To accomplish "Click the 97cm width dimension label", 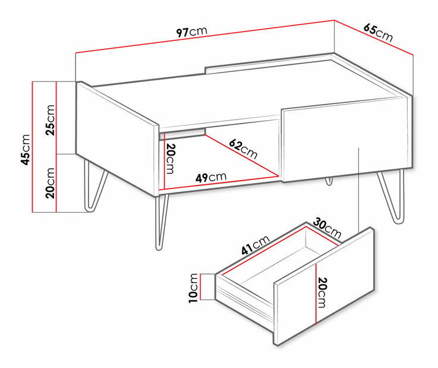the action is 191,32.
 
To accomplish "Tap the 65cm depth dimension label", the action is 378,33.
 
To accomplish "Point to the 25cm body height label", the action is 50,120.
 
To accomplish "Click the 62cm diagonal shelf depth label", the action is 243,149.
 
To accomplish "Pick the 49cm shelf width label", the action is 211,177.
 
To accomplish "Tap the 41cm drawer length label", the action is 256,245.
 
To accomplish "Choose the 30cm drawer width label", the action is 327,228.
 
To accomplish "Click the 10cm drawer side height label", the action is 193,288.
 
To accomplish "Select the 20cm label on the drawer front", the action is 322,292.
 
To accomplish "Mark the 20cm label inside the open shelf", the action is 170,159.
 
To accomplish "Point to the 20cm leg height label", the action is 50,183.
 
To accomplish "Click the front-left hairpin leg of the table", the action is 161,222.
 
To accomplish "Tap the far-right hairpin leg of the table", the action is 392,196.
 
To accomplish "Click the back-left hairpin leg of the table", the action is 95,186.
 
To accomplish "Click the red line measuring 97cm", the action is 205,36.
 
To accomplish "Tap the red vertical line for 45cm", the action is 33,147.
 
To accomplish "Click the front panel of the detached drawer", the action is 324,286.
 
